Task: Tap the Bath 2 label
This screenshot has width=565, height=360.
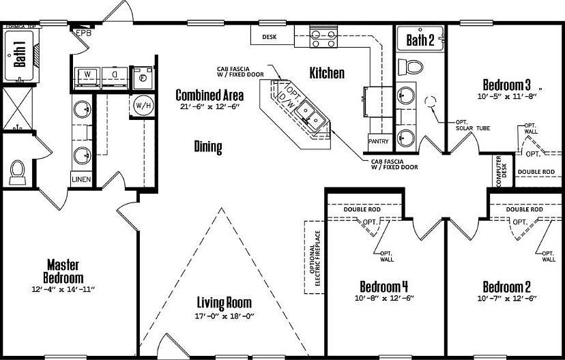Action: [420, 40]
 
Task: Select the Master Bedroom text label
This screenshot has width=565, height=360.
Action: [64, 271]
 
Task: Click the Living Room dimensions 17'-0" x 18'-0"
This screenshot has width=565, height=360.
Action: [224, 316]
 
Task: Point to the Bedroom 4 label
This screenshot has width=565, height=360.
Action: [384, 286]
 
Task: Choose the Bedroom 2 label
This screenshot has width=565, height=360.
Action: [506, 286]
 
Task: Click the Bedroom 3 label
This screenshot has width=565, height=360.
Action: [506, 85]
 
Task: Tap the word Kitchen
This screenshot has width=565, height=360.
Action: [327, 73]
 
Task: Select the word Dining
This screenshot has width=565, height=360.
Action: [208, 147]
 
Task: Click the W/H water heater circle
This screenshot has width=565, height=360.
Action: [143, 106]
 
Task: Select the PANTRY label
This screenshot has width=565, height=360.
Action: [378, 141]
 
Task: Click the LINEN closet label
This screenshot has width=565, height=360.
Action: [81, 179]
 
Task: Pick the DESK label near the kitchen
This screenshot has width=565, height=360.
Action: [270, 37]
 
